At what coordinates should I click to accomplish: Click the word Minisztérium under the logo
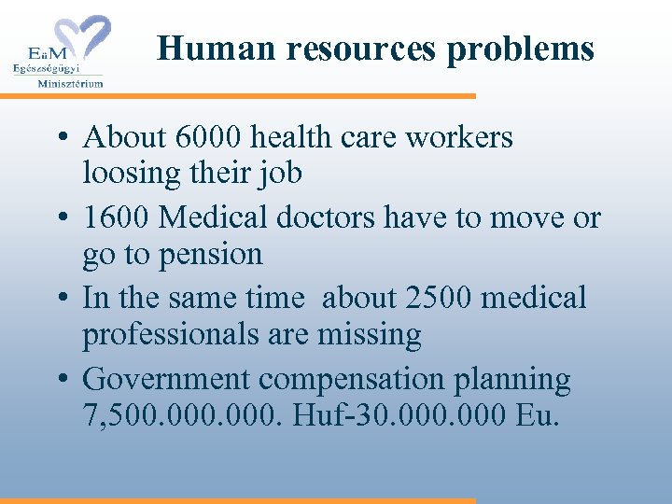70,83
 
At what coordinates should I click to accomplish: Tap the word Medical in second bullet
217,217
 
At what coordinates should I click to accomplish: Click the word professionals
175,334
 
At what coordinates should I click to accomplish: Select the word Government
167,379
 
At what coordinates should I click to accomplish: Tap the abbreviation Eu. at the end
538,414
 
